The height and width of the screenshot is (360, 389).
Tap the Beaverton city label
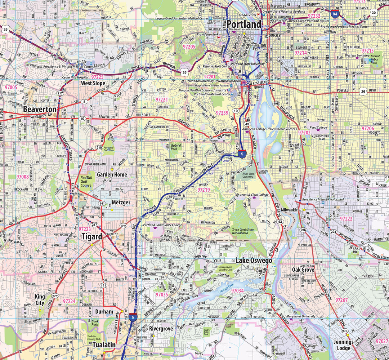click(40, 109)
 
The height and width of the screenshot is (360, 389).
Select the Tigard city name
click(91, 236)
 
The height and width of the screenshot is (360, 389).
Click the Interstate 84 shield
click(335, 14)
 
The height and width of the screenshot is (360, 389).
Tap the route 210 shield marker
click(99, 147)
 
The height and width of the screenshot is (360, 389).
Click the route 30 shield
click(374, 13)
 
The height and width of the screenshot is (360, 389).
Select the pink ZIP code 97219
click(204, 190)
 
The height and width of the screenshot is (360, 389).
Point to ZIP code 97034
click(237, 290)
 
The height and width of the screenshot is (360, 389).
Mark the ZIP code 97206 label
click(368, 128)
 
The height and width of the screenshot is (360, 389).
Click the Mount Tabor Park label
click(375, 59)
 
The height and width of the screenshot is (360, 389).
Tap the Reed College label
click(318, 128)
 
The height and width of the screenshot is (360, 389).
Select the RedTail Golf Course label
click(86, 182)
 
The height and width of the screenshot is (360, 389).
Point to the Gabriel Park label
click(174, 146)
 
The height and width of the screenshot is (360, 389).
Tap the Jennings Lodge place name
click(343, 345)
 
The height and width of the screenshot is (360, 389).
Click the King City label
click(40, 299)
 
